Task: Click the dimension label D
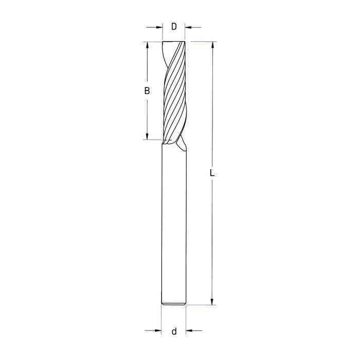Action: (174, 26)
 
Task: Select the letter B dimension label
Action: (147, 91)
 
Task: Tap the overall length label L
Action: (212, 173)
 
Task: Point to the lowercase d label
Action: (174, 331)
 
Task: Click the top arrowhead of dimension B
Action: (148, 45)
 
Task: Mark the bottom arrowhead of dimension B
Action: (148, 136)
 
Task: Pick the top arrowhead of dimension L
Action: (211, 45)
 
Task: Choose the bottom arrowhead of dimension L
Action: (211, 301)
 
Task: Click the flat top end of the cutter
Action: (174, 42)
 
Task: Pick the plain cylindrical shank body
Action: (174, 226)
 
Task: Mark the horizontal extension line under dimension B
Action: (151, 139)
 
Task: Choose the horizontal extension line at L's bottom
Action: (201, 305)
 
